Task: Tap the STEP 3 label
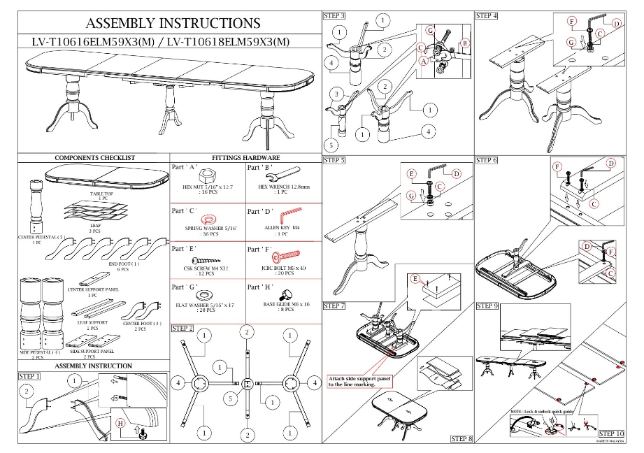tap(334, 15)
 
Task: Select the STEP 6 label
tap(487, 160)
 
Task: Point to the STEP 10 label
tap(611, 434)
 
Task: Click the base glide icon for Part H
tap(287, 292)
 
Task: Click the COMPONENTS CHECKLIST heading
tap(94, 159)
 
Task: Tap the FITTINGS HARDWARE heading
tap(245, 159)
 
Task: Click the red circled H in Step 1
tap(120, 423)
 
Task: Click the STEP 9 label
tap(487, 305)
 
